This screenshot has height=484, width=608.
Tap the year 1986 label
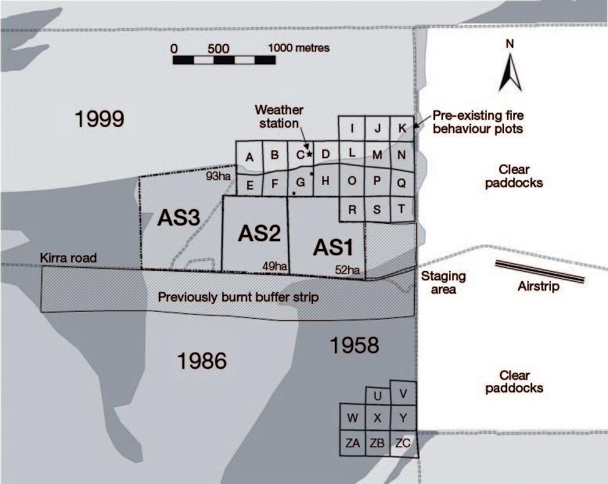[x=202, y=360]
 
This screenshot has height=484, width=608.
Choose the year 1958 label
[x=354, y=345]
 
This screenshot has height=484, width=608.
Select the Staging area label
[x=444, y=282]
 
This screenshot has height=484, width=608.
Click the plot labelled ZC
[x=403, y=443]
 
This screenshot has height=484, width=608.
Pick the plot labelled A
[x=250, y=157]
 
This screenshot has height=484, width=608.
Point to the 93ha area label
[x=218, y=177]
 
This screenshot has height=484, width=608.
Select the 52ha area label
[x=347, y=270]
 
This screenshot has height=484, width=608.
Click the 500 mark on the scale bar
[x=219, y=48]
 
